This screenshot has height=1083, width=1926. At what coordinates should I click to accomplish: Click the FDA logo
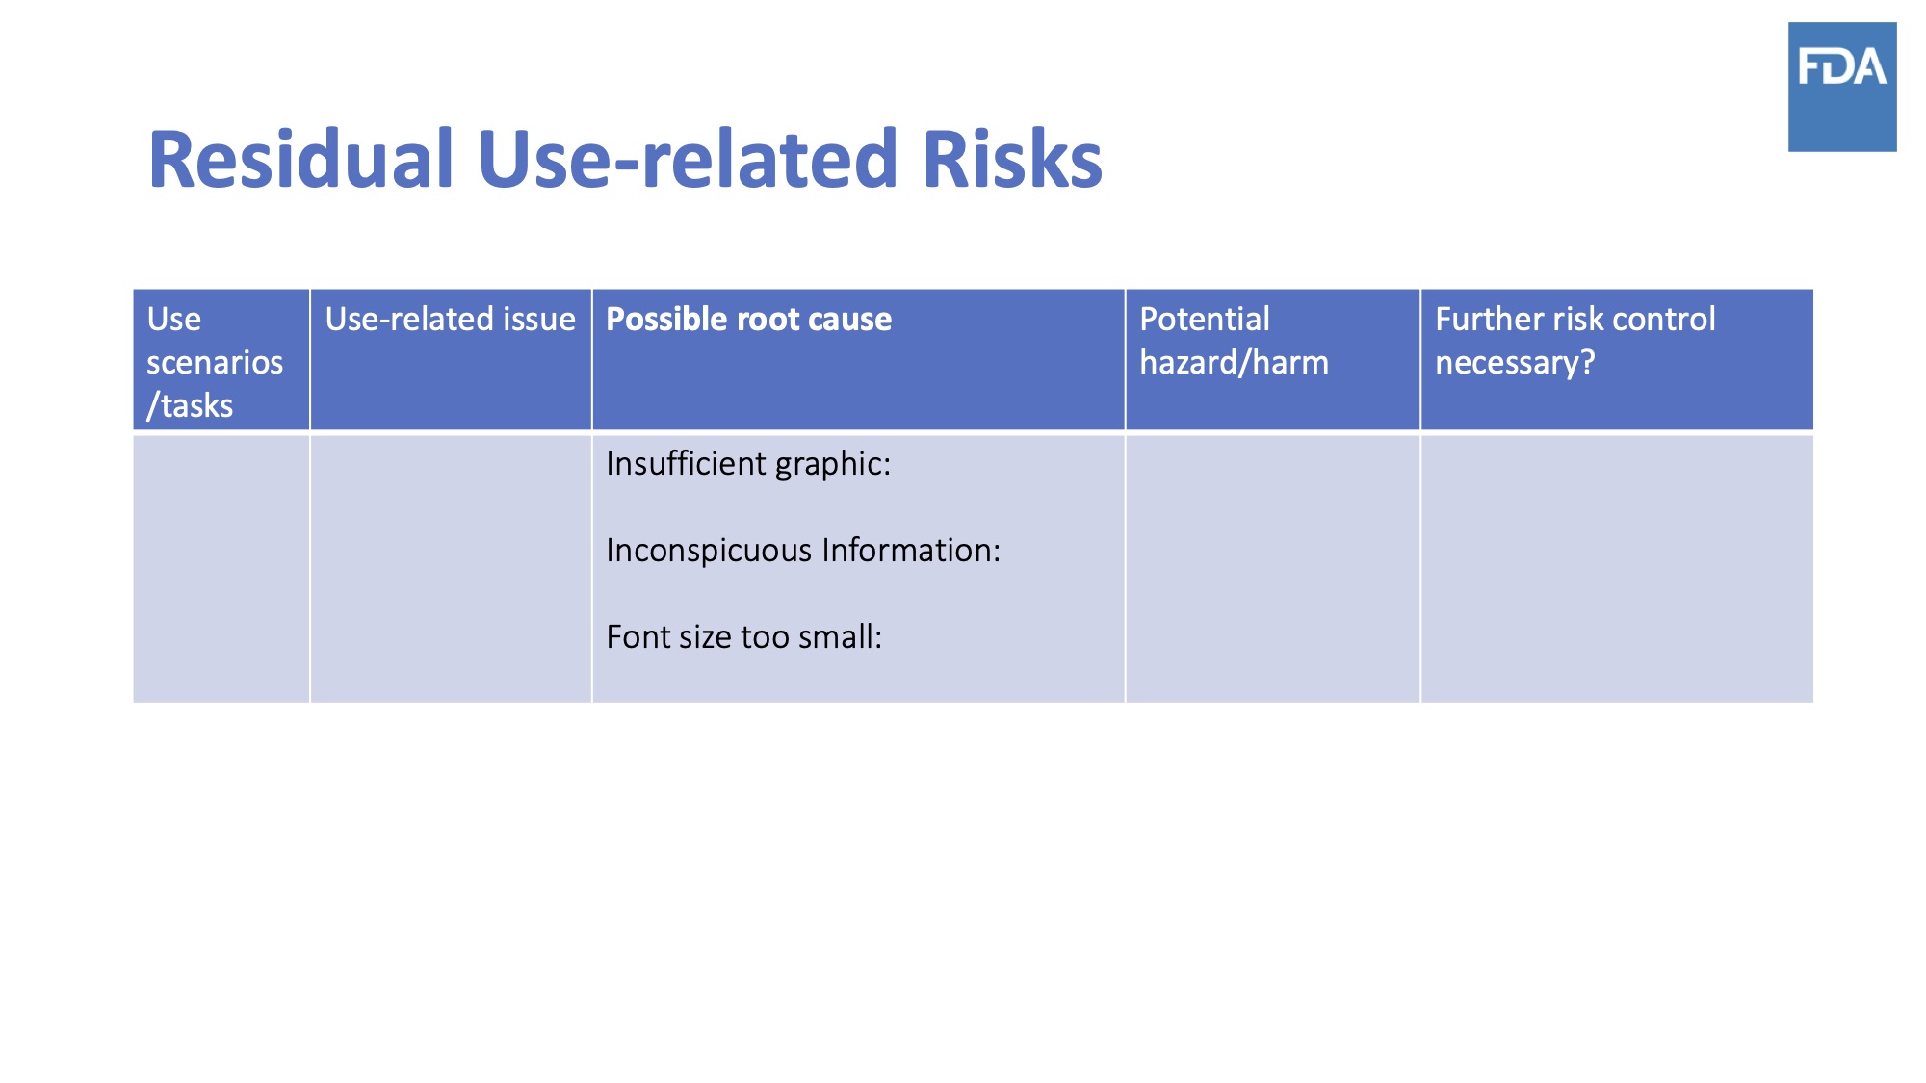coord(1842,87)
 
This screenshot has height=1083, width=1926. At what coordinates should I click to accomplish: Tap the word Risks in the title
coord(1012,159)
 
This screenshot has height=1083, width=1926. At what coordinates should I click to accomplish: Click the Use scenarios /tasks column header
coord(215,362)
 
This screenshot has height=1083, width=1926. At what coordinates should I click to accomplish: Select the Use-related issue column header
coord(450,319)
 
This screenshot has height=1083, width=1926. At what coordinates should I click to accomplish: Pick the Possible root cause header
coord(748,319)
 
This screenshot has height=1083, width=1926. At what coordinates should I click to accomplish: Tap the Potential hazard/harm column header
coord(1234,341)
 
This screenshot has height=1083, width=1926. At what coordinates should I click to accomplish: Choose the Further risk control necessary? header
coord(1575,341)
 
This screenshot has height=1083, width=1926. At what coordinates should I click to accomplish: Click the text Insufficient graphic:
coord(748,464)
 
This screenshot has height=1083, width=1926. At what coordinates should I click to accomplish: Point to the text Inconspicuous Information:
coord(803,551)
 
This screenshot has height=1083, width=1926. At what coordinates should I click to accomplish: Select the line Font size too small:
coord(743,637)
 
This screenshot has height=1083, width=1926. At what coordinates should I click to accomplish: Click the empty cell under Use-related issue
coord(451,568)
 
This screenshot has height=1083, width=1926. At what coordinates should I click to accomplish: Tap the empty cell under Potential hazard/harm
coord(1273,568)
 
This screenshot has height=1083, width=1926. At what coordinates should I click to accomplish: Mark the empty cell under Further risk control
coord(1617,568)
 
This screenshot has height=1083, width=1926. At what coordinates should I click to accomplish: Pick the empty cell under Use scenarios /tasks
coord(221,568)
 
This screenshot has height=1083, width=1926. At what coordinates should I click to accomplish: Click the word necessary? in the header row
coord(1515,363)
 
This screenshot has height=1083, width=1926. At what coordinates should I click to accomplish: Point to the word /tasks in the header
coord(190,405)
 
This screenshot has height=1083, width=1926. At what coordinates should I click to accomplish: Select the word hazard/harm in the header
coord(1234,363)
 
